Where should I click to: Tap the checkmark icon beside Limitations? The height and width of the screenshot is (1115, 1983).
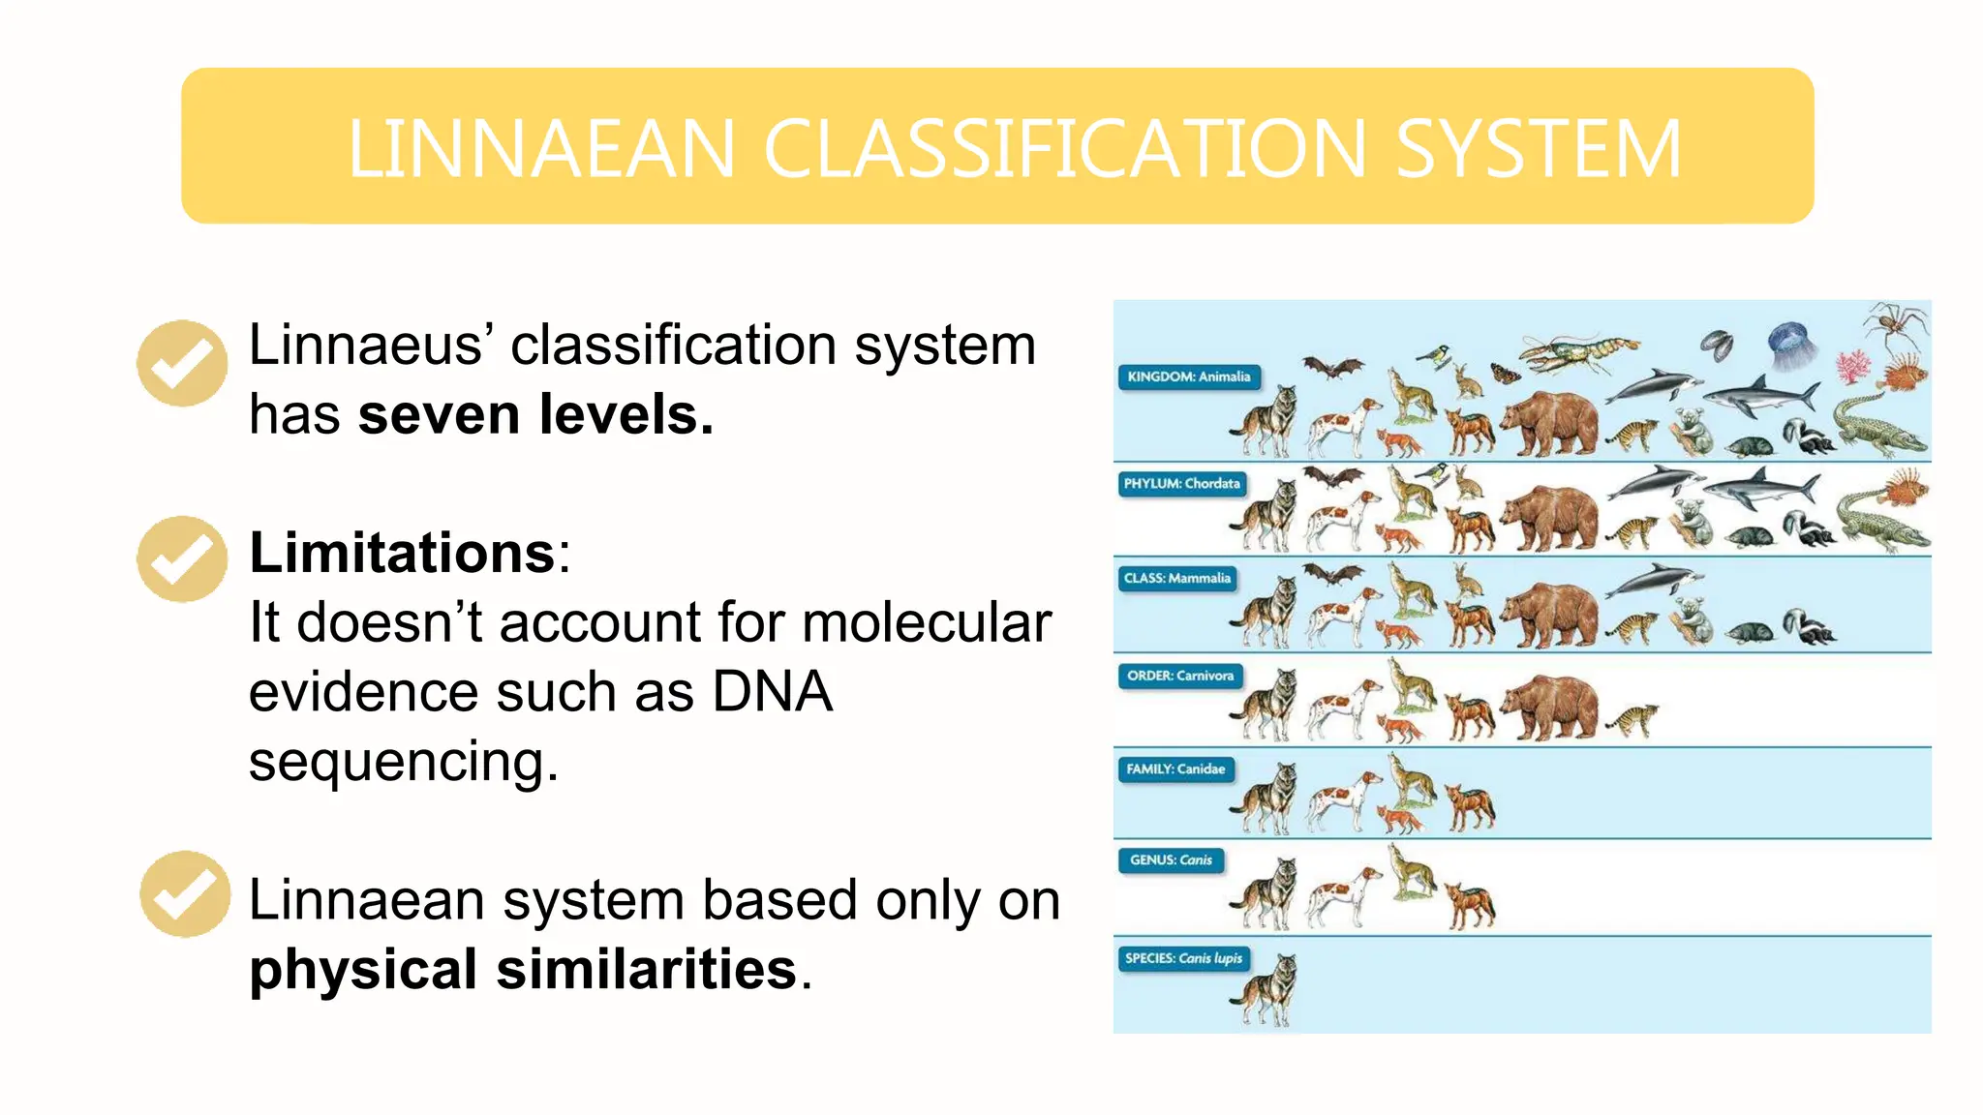(182, 559)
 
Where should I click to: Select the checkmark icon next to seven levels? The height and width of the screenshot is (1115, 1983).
(182, 363)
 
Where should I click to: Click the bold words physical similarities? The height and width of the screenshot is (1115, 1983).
(523, 969)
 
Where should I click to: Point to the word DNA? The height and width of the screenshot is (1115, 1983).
(772, 691)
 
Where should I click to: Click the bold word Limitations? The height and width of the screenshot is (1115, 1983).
(402, 553)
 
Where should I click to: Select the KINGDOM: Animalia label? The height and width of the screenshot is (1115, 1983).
(1189, 377)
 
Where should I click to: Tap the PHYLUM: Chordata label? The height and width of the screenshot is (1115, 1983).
(1181, 483)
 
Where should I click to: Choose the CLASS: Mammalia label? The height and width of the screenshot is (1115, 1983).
(1176, 578)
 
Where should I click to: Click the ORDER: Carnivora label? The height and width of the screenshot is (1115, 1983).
(1179, 676)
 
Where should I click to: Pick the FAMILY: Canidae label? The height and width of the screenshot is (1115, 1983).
(1175, 768)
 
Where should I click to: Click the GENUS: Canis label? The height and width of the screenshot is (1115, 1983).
(1171, 859)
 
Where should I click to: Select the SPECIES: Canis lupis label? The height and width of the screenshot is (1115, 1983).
(1182, 958)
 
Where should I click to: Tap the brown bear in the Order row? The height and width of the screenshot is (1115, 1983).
(1549, 707)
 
